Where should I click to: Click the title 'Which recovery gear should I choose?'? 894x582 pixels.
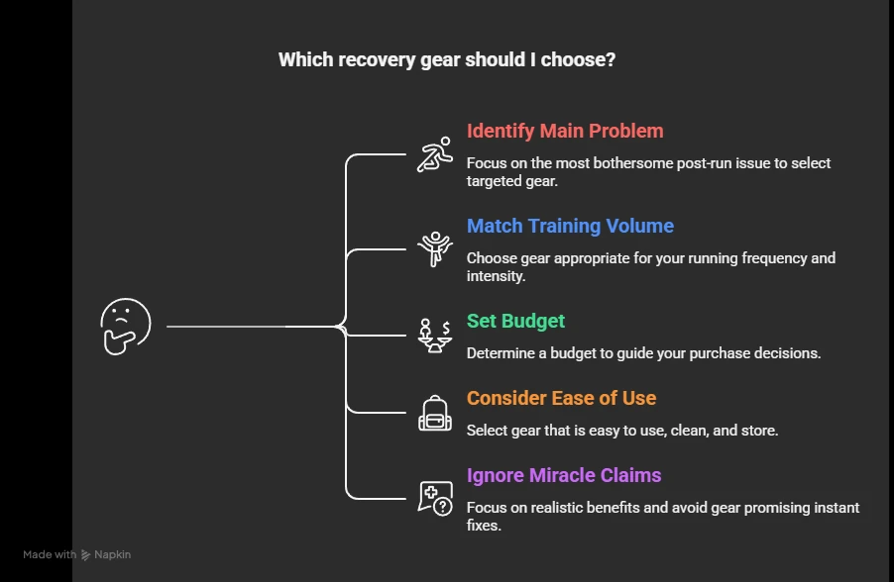coord(446,59)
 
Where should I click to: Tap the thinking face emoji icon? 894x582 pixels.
coord(126,326)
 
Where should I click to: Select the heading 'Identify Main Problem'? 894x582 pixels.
coord(565,131)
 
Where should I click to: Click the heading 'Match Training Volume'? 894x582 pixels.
coord(570,226)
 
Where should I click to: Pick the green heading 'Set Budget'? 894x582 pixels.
coord(515,321)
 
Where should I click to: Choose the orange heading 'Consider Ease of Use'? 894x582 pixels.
coord(561,398)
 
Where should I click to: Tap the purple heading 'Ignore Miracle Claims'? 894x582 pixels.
coord(564,475)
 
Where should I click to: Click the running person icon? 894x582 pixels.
coord(435,156)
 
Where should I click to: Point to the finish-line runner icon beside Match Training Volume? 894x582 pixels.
coord(435,248)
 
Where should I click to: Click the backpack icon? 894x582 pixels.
coord(435,413)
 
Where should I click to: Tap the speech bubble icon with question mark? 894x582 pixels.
coord(435,497)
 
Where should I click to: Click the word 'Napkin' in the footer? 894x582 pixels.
coord(112,555)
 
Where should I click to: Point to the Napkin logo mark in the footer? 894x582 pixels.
coord(86,555)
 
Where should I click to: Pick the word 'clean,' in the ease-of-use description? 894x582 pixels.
coord(671,430)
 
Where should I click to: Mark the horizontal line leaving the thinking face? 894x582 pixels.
coord(228,326)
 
